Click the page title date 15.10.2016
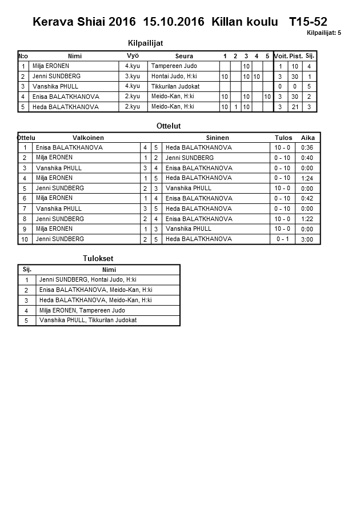pos(175,22)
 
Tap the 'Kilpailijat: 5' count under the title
pos(323,33)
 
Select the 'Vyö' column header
pos(133,55)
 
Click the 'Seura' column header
pos(184,56)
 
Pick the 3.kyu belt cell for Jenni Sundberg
pos(133,76)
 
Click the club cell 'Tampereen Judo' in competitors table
pos(174,66)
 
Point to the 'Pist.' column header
pos(295,56)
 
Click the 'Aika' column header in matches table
pos(308,138)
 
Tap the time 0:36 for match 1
pos(307,147)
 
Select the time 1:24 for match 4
pos(307,178)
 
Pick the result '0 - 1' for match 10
pos(282,239)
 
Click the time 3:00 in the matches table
pos(307,239)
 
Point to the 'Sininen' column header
pos(217,138)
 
